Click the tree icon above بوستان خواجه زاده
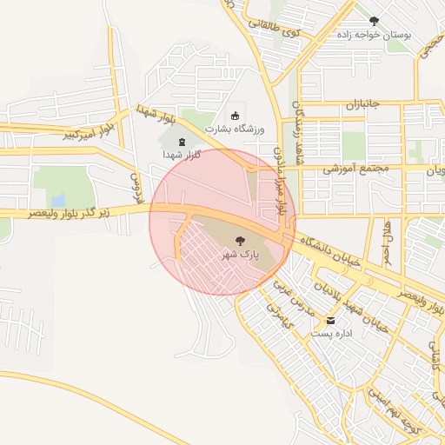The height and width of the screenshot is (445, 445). pos(374,21)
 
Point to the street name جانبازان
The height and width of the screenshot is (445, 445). pos(363,104)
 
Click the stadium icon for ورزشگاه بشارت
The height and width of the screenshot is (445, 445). pos(234,116)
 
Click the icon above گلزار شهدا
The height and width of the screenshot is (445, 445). pos(182,142)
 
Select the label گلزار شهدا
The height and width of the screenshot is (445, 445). pos(182,155)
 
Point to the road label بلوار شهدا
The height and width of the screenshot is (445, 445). pos(156,116)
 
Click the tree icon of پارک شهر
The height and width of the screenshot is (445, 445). pos(240,240)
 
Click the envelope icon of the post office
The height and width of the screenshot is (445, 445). pos(332,320)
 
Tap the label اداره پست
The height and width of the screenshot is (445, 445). pos(332,333)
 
